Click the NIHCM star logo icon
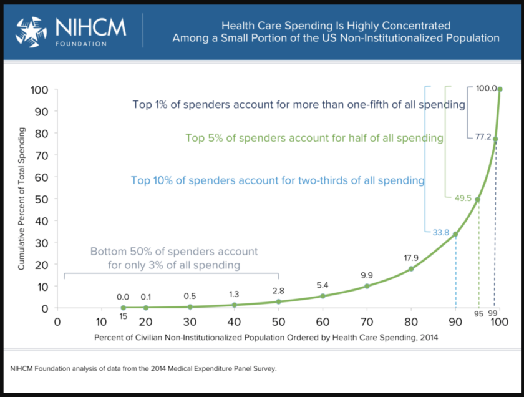[31, 32]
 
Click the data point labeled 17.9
[411, 269]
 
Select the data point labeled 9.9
[367, 286]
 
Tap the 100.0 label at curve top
[486, 89]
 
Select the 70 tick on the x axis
[367, 322]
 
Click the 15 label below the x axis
[123, 316]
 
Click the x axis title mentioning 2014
[266, 338]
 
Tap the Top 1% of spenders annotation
[298, 105]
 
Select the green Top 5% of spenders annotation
[314, 137]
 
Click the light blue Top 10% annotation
[278, 180]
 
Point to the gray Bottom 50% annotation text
[173, 258]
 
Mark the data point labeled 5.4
[323, 296]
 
